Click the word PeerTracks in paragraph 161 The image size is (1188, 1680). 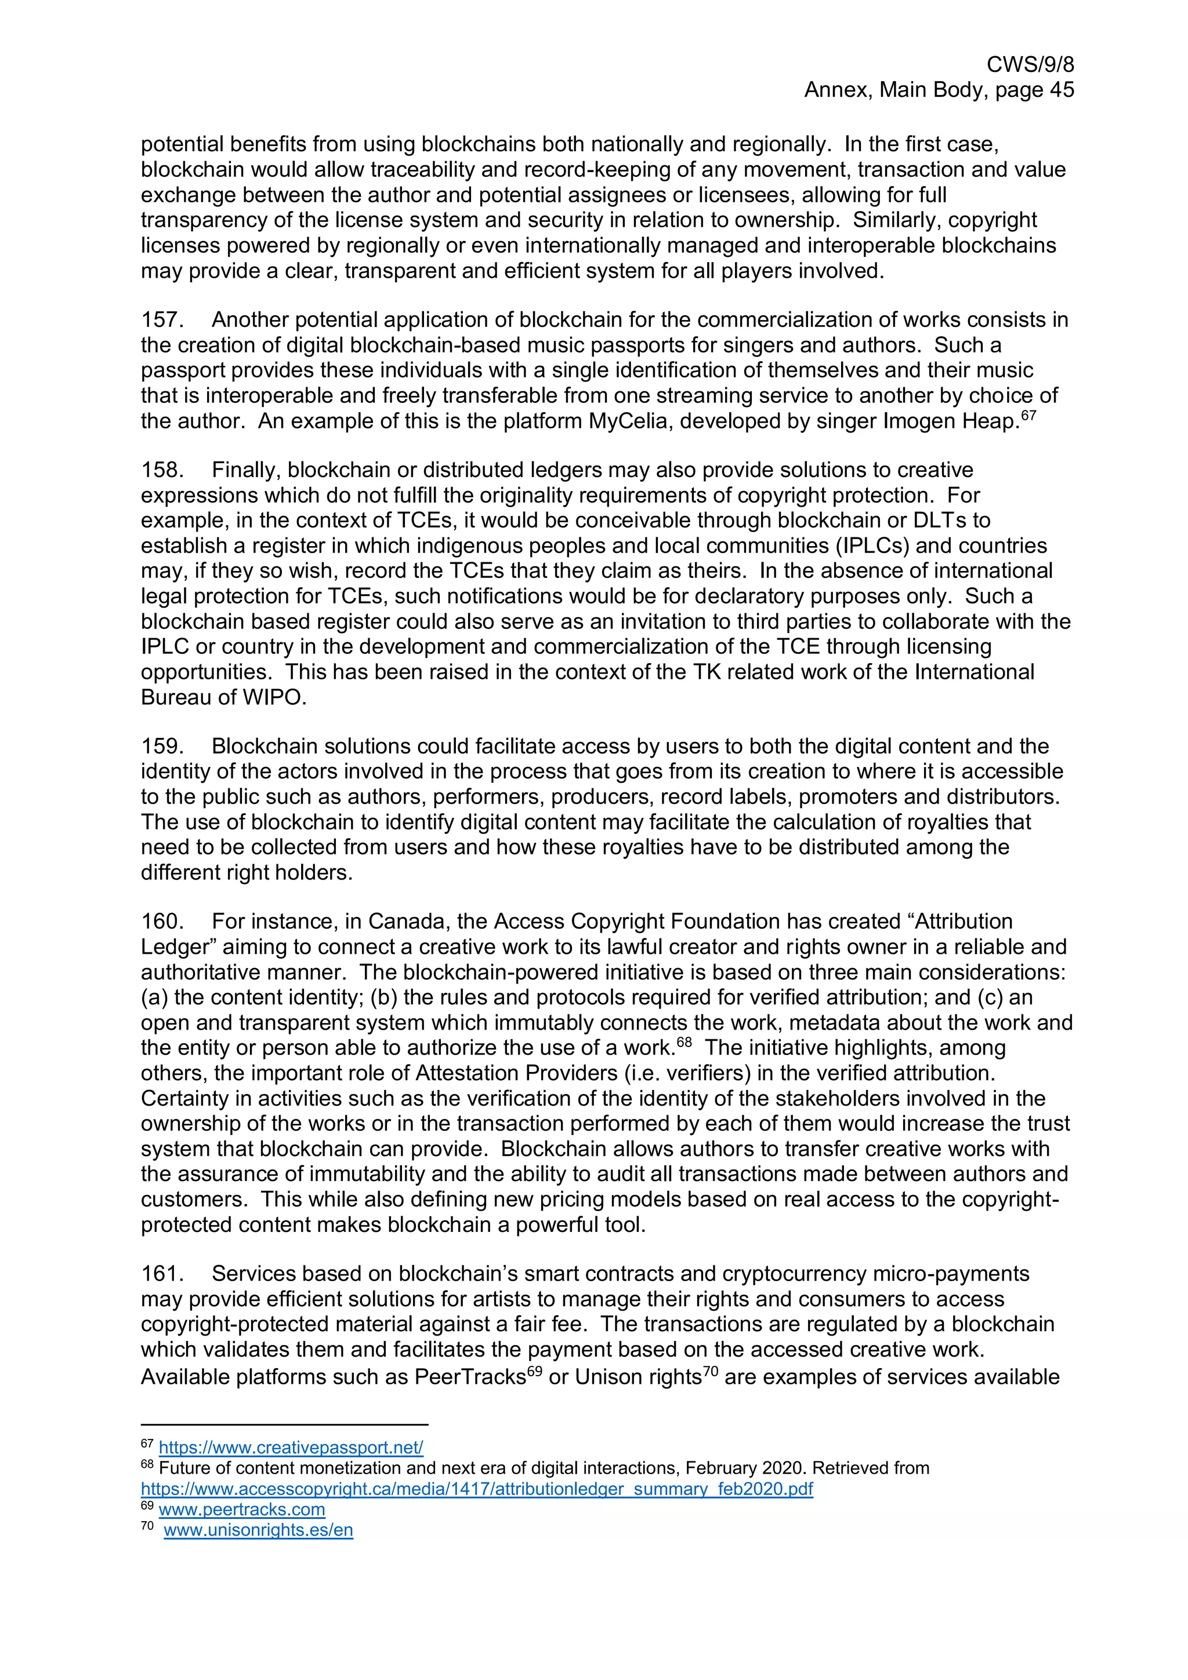470,1377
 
